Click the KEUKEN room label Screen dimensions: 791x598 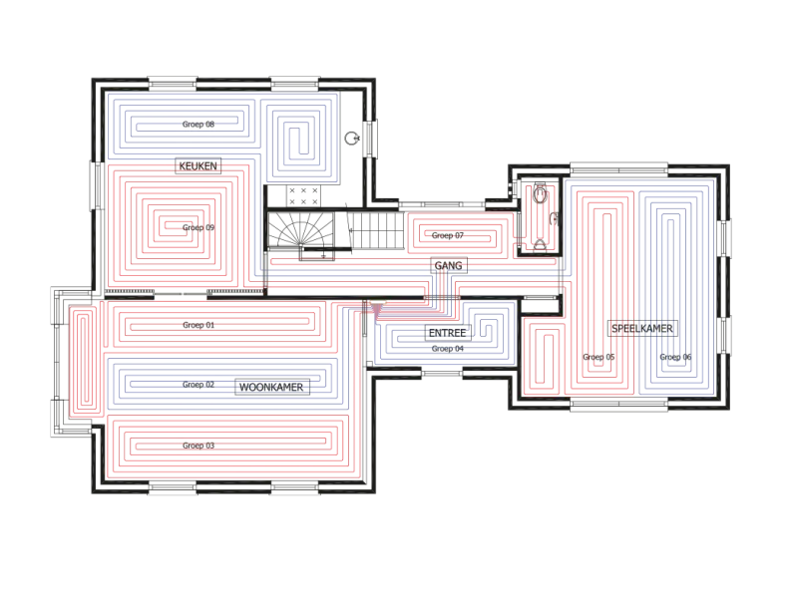click(x=198, y=165)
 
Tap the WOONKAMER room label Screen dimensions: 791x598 click(x=271, y=388)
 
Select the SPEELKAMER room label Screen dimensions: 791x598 click(x=642, y=329)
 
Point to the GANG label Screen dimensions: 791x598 click(x=449, y=265)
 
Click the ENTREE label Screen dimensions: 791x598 click(x=448, y=333)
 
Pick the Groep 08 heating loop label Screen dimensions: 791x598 click(x=198, y=124)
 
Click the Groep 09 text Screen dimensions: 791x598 click(x=198, y=227)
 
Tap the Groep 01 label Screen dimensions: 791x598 click(x=198, y=325)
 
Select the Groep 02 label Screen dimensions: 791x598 click(x=198, y=384)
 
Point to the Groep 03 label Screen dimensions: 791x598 click(x=198, y=446)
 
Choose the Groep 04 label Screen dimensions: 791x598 click(x=448, y=349)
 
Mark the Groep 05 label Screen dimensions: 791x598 click(x=598, y=357)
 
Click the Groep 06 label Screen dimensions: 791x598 click(x=675, y=357)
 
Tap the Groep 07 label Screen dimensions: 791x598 click(x=448, y=235)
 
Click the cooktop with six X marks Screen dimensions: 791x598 click(x=303, y=196)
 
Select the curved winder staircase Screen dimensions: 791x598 click(x=300, y=230)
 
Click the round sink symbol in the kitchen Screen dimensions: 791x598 click(x=352, y=138)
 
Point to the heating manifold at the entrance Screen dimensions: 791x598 click(x=377, y=310)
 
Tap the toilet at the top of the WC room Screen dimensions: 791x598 click(x=540, y=193)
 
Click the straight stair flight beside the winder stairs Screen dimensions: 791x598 click(x=376, y=230)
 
